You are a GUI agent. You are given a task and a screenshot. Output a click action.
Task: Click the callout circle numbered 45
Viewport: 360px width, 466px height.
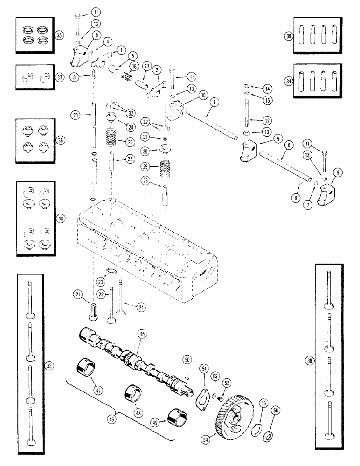coord(142,334)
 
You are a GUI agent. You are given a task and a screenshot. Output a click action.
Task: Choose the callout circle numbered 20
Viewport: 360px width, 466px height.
coord(75,114)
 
